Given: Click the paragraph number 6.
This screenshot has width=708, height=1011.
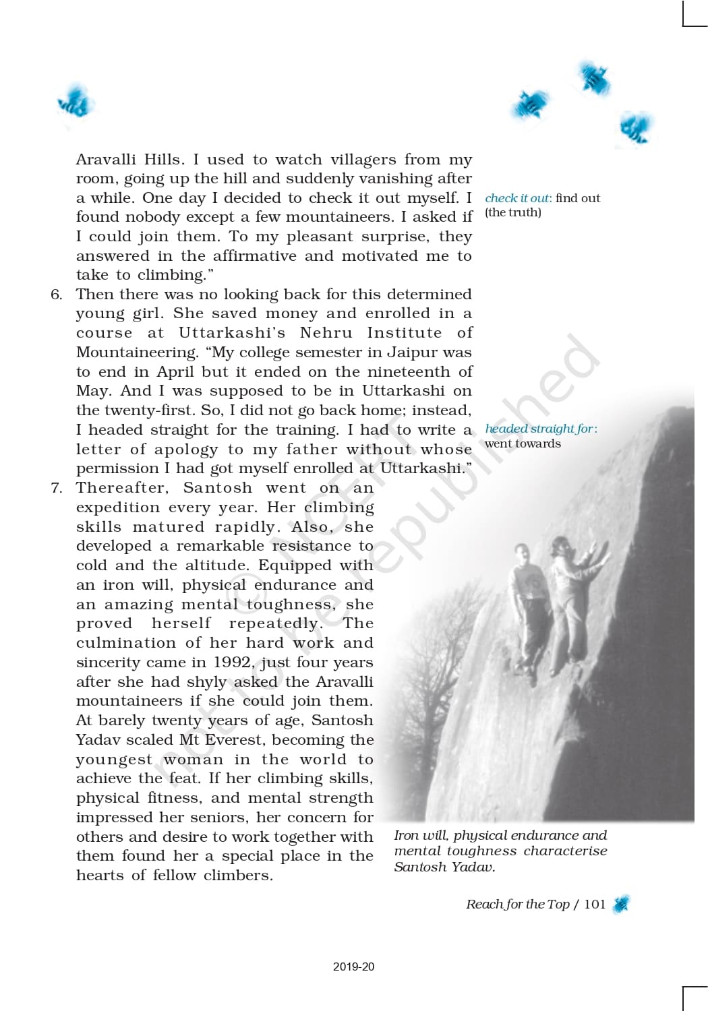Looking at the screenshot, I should pyautogui.click(x=57, y=295).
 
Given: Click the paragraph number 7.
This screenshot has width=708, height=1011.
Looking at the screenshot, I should pyautogui.click(x=57, y=488).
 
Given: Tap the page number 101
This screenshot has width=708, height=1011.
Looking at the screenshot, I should pyautogui.click(x=595, y=905).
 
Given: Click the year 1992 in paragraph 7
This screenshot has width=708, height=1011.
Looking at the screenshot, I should pyautogui.click(x=233, y=663).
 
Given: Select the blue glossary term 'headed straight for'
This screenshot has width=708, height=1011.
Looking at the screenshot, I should pyautogui.click(x=539, y=429).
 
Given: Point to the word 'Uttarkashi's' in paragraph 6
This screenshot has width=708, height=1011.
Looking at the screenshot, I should pyautogui.click(x=231, y=333).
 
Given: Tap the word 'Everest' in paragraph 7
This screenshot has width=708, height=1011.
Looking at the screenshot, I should pyautogui.click(x=233, y=740).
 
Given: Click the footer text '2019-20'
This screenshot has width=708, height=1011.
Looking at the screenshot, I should pyautogui.click(x=353, y=967).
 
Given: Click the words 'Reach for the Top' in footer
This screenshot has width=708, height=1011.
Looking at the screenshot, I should pyautogui.click(x=517, y=905).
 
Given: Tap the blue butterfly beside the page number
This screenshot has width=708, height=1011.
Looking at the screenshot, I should pyautogui.click(x=621, y=904).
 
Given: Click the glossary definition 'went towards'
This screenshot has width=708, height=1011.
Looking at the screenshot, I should pyautogui.click(x=523, y=443).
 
